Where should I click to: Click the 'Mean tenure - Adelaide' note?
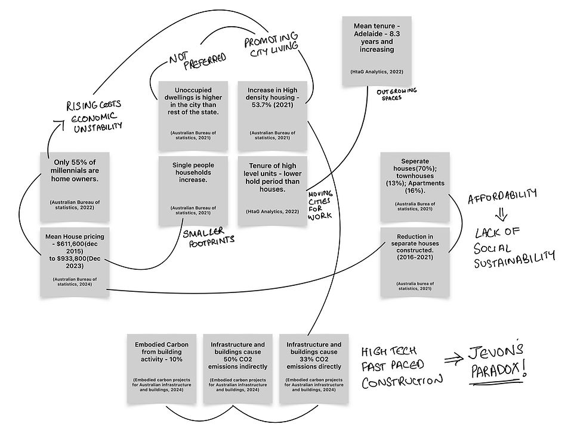(x=377, y=51)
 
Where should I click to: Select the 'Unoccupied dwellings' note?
(x=193, y=116)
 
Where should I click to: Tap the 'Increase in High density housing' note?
(x=272, y=116)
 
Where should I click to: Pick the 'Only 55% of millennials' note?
(x=75, y=187)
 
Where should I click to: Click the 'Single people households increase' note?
(x=193, y=191)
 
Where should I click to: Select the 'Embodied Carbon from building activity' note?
(x=162, y=369)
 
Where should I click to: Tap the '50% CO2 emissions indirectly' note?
(x=238, y=369)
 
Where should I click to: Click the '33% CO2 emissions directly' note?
(x=314, y=369)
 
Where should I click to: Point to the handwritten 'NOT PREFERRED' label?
(x=198, y=60)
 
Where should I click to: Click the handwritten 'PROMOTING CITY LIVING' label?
(x=271, y=44)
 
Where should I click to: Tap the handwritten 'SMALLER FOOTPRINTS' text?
(x=209, y=237)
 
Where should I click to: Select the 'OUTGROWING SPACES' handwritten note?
(x=397, y=94)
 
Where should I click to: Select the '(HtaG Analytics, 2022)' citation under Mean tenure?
(x=377, y=71)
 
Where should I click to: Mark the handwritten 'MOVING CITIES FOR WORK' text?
(x=320, y=205)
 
